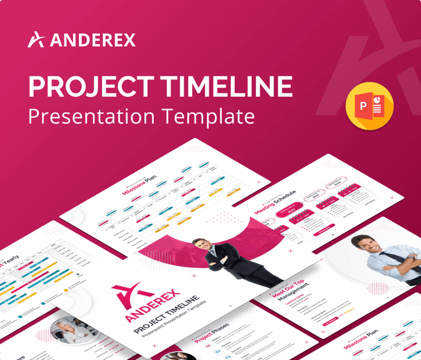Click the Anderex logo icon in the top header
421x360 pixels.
click(x=36, y=39)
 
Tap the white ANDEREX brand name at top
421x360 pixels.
click(x=92, y=40)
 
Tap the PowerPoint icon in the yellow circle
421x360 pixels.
click(x=369, y=106)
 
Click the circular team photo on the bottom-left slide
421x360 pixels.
click(x=66, y=329)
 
